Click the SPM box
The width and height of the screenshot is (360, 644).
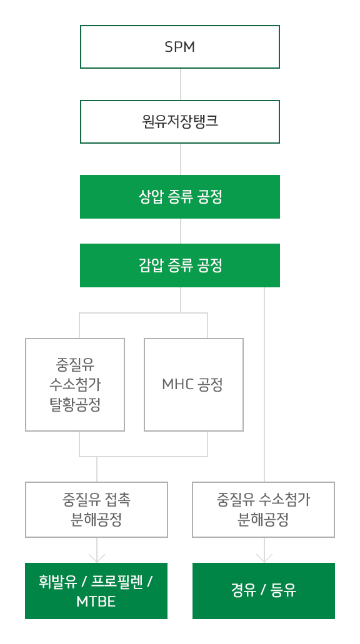[179, 47]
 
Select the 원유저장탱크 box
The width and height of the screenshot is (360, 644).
[179, 122]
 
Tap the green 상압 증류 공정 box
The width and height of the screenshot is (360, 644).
[179, 197]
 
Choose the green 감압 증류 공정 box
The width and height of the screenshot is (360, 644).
[179, 265]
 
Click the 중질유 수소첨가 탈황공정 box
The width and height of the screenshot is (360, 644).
[75, 384]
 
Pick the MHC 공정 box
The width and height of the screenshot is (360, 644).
[194, 384]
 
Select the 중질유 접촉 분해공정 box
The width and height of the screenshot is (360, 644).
[96, 509]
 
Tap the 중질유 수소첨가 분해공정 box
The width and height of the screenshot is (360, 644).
[263, 509]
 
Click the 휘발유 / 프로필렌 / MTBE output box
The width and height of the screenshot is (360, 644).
[96, 591]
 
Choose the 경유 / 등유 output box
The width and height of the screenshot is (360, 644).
[263, 591]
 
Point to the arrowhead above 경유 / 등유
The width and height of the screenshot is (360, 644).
[264, 558]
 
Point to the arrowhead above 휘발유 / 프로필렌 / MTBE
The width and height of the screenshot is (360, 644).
[97, 558]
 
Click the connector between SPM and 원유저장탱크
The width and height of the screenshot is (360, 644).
[181, 84]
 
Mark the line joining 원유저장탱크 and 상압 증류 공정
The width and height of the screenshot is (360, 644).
[181, 159]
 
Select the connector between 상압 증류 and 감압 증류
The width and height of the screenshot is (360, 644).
[181, 231]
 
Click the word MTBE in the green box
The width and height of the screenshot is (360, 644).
[96, 602]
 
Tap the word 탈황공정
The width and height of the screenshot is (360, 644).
[75, 405]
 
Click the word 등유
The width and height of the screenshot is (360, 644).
[284, 591]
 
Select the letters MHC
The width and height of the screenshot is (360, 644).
[177, 385]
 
